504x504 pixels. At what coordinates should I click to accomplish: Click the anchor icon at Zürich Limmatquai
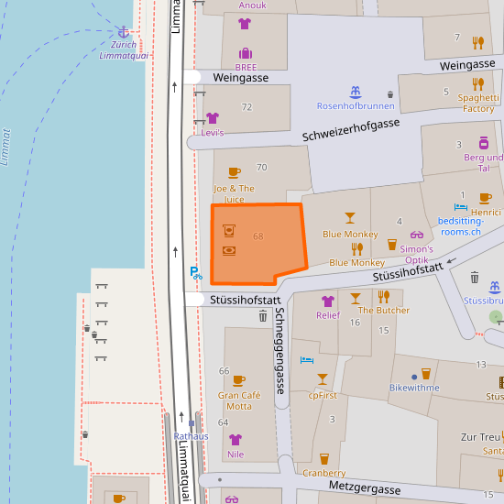[123, 32]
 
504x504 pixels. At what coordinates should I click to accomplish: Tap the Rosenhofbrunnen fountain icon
[355, 92]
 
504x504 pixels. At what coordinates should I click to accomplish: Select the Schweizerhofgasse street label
[351, 129]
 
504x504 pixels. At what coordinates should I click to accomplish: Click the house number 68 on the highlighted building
[258, 236]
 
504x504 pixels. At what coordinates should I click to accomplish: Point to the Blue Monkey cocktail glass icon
[349, 218]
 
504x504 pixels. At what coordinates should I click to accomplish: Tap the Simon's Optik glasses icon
[417, 236]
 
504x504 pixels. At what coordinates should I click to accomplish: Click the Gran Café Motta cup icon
[239, 380]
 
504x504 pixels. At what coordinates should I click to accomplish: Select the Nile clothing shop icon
[236, 439]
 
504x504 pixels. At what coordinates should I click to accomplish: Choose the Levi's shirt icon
[213, 118]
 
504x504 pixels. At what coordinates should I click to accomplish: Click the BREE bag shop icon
[246, 53]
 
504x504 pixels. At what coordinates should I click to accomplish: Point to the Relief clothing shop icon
[328, 301]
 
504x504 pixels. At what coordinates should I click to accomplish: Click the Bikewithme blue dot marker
[414, 376]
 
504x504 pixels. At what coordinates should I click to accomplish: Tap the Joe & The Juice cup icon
[235, 171]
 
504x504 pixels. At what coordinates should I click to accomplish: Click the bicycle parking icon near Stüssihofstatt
[195, 272]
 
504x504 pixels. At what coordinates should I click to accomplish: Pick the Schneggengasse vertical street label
[280, 351]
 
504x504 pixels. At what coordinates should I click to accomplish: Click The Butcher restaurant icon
[384, 296]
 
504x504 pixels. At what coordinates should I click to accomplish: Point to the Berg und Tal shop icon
[484, 143]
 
